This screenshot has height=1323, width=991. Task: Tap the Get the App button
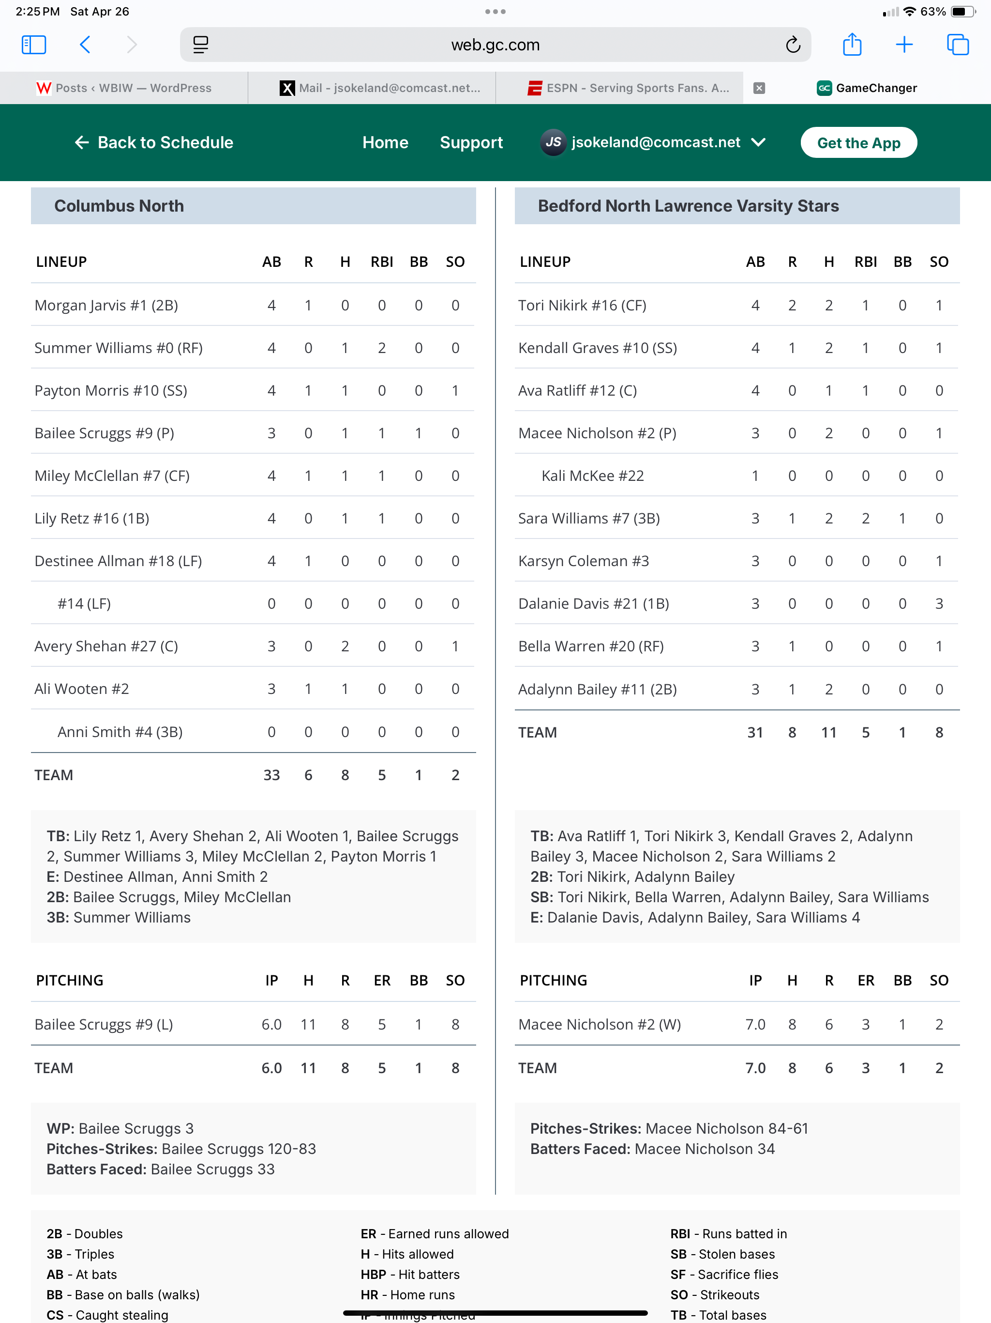(x=858, y=142)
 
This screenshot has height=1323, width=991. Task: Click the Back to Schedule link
(x=154, y=142)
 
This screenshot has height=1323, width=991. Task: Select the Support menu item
(x=471, y=142)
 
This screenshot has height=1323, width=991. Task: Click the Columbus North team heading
(x=119, y=206)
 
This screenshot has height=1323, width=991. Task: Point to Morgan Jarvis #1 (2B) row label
(x=106, y=305)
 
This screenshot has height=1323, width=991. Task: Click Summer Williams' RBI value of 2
(x=381, y=348)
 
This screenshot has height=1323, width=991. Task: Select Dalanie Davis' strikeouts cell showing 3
(x=938, y=603)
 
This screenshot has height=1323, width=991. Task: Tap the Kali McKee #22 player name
(x=592, y=476)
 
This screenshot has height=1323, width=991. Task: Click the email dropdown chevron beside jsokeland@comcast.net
(x=758, y=142)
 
